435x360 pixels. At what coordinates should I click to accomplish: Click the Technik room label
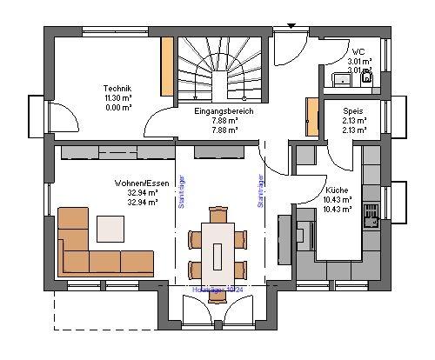pyautogui.click(x=117, y=90)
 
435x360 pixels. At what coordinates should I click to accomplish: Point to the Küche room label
pyautogui.click(x=338, y=190)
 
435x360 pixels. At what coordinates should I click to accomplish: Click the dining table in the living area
pyautogui.click(x=219, y=246)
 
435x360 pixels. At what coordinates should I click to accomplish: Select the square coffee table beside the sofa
pyautogui.click(x=110, y=228)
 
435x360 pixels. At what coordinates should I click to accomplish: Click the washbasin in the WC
pyautogui.click(x=340, y=80)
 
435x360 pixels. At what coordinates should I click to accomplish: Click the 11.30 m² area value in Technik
pyautogui.click(x=117, y=98)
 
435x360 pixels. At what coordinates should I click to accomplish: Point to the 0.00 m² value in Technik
pyautogui.click(x=117, y=107)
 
